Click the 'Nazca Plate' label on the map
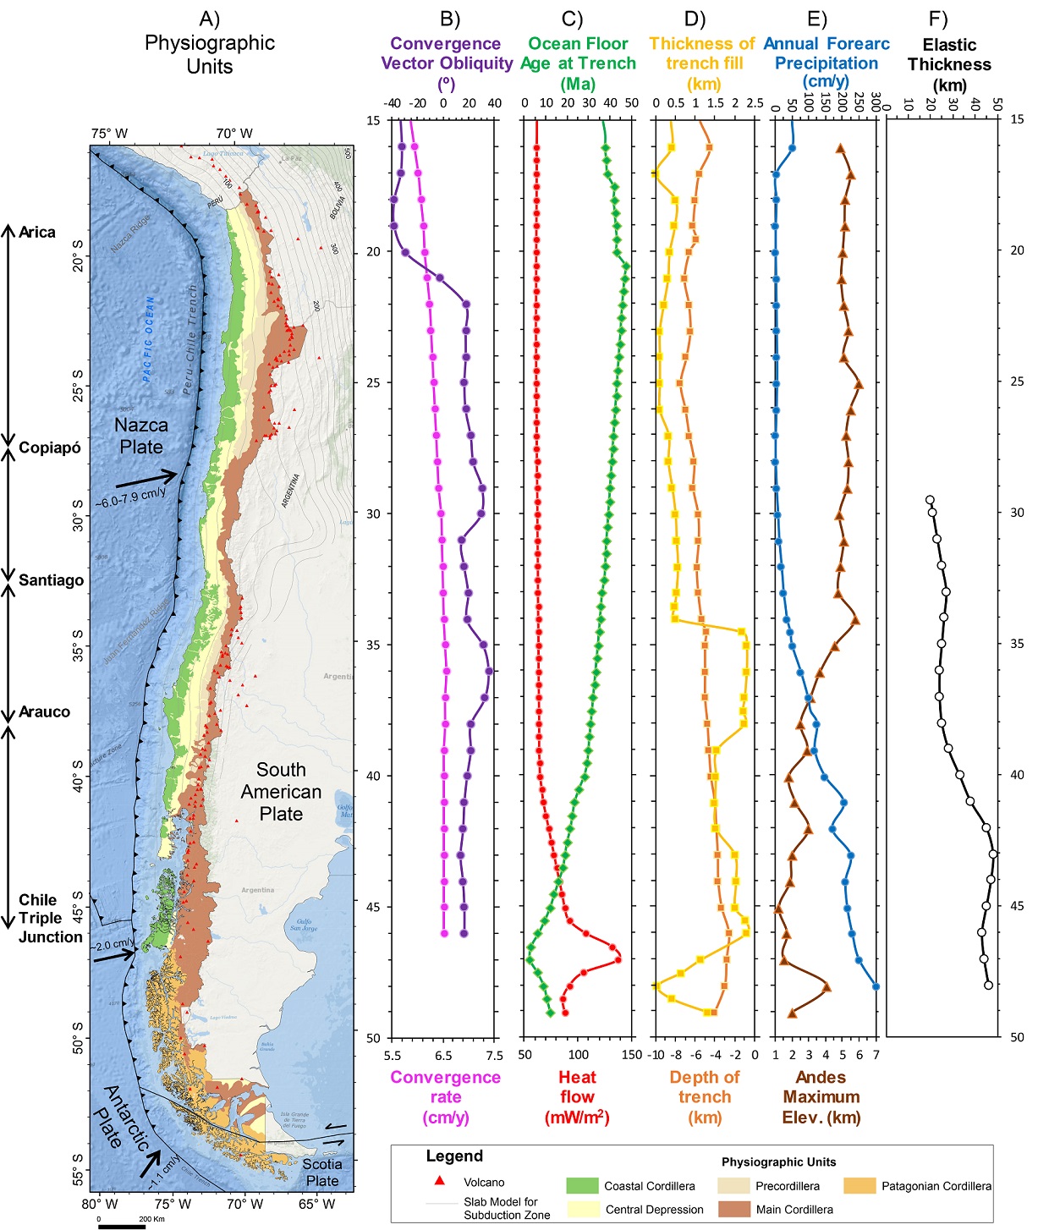[141, 436]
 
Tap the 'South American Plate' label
[281, 792]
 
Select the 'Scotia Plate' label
[322, 1172]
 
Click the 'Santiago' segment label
[51, 580]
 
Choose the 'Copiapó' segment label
[50, 448]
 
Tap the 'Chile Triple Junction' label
[50, 919]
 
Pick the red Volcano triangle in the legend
[440, 1181]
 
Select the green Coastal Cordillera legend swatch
[582, 1186]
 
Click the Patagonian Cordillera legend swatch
[860, 1186]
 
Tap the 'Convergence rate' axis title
[445, 1097]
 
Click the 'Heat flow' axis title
[577, 1097]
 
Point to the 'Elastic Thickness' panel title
[949, 64]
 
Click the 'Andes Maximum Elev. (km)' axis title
[821, 1097]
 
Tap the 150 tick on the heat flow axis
[631, 1055]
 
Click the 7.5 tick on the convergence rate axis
[495, 1055]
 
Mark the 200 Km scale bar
[122, 1225]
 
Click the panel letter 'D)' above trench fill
[695, 19]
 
